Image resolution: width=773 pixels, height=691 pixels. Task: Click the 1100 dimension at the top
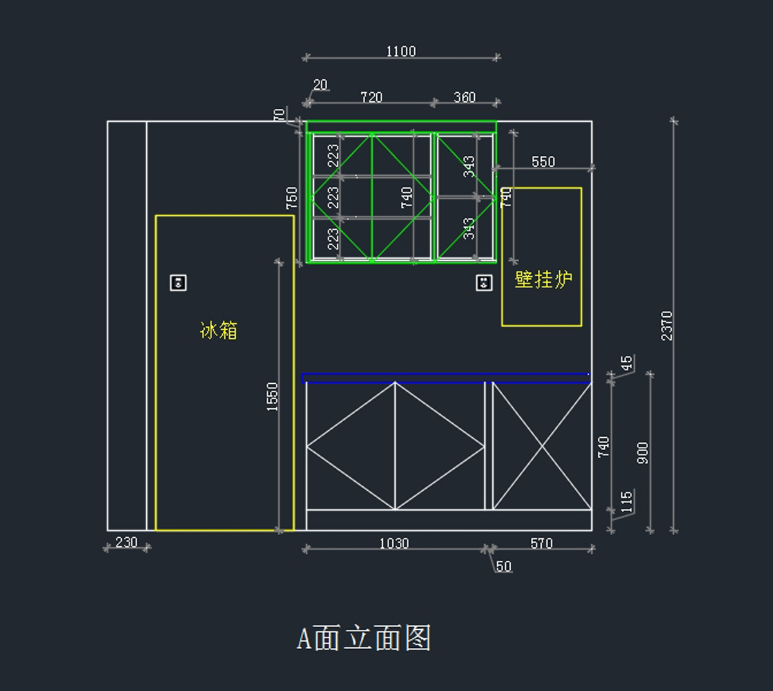click(x=401, y=52)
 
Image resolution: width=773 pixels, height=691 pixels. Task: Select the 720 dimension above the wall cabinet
click(x=372, y=97)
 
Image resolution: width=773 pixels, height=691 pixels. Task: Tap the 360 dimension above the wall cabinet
click(x=464, y=97)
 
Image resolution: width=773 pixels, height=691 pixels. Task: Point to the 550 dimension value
click(x=543, y=162)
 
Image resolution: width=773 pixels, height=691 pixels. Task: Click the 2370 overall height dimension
click(x=667, y=326)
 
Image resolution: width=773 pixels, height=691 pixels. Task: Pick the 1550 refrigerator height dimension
click(x=272, y=397)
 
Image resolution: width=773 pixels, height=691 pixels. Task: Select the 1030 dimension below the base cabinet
click(x=394, y=544)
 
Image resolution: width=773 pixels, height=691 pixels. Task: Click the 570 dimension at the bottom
click(x=541, y=544)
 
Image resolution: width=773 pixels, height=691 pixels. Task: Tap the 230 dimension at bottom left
click(x=126, y=542)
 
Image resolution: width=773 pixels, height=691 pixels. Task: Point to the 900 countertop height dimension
click(x=643, y=453)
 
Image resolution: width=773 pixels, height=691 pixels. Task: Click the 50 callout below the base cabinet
click(x=504, y=566)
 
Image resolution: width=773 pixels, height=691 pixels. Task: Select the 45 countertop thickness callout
click(x=627, y=363)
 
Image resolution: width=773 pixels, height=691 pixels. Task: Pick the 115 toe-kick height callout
click(x=627, y=502)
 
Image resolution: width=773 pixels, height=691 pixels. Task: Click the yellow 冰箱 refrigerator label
click(x=218, y=330)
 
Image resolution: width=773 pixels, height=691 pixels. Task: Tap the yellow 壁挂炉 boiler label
click(x=544, y=279)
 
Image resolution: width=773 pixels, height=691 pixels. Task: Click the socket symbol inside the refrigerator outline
click(x=178, y=283)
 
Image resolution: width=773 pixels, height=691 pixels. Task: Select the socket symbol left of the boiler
click(x=484, y=283)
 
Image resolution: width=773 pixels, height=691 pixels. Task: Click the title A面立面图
click(x=363, y=638)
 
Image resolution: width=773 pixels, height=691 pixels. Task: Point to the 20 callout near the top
click(x=320, y=85)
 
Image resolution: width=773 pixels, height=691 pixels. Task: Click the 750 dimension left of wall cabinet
click(x=292, y=198)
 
